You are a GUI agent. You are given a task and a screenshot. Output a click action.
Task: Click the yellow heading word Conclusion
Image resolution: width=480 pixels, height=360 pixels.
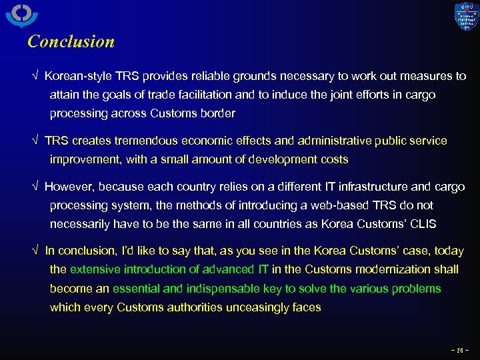click(x=71, y=41)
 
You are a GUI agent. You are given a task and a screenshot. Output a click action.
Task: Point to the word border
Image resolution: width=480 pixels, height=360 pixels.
click(x=217, y=114)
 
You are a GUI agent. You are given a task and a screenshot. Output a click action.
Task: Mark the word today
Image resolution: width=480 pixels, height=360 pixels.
click(x=449, y=251)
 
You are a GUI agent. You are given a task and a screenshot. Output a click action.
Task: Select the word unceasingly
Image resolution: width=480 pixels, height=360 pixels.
click(x=252, y=307)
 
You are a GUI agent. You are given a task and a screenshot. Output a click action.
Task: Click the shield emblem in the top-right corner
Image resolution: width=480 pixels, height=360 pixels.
click(x=466, y=16)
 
